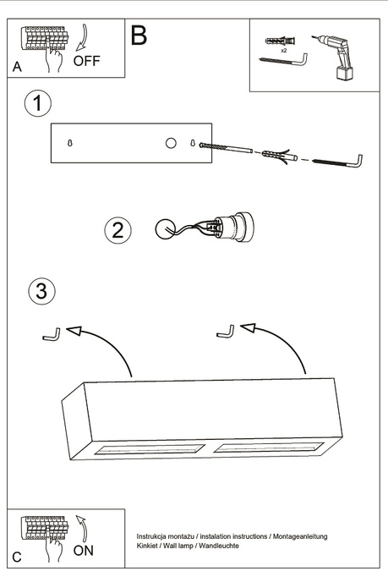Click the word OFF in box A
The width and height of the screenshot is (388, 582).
point(87,61)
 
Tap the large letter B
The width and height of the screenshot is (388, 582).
point(139,36)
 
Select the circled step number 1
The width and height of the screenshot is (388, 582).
point(37,104)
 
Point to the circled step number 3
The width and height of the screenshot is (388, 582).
point(41,292)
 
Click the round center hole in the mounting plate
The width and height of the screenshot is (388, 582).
point(171,143)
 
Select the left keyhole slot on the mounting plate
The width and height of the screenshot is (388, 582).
point(69,143)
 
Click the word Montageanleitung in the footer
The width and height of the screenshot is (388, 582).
point(299,537)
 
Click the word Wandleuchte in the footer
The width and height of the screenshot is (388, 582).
point(218,546)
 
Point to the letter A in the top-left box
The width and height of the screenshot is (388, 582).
point(16,67)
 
